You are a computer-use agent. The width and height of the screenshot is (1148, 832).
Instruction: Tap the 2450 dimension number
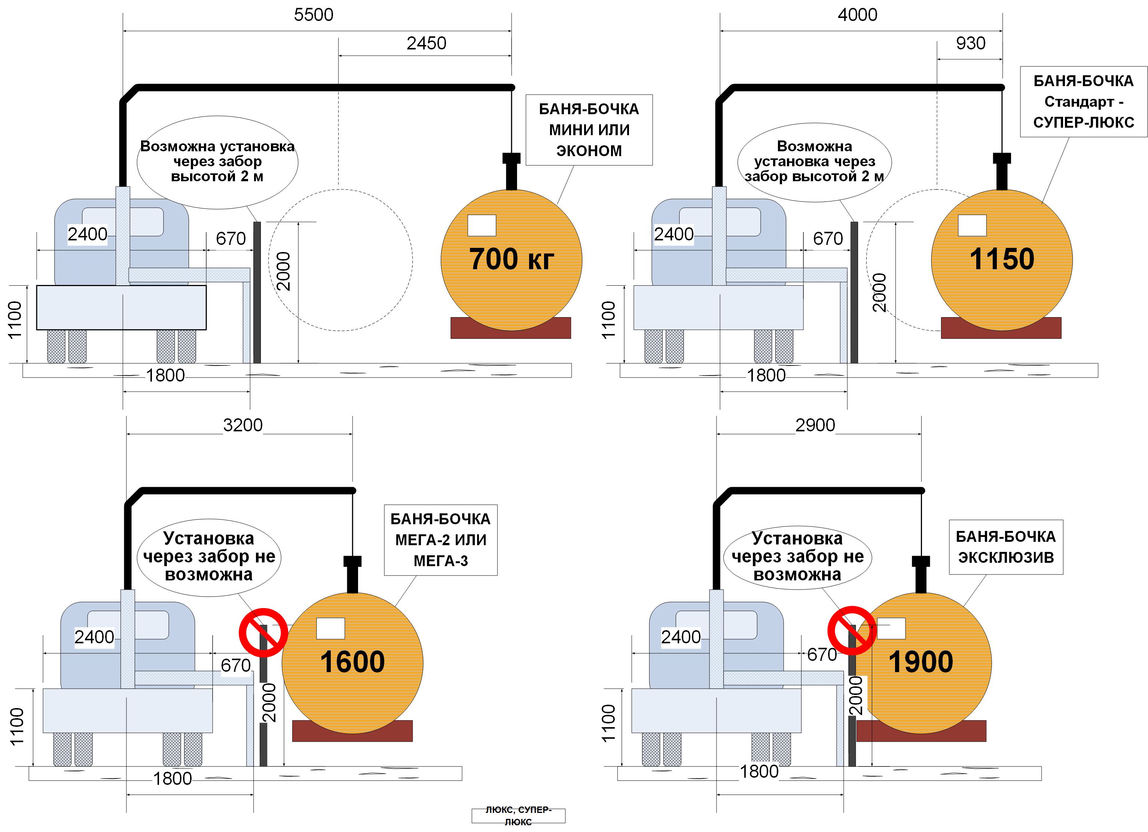(x=426, y=43)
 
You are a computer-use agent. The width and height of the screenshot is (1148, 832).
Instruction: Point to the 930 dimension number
(x=970, y=43)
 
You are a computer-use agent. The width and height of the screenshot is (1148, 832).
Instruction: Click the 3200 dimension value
(x=242, y=425)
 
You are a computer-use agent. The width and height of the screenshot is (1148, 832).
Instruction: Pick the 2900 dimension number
(x=815, y=425)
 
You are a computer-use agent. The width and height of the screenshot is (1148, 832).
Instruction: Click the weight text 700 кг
(x=511, y=259)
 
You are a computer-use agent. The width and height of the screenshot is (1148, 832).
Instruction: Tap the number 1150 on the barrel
(x=1002, y=259)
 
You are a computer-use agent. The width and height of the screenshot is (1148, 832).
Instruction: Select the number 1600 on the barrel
(x=352, y=662)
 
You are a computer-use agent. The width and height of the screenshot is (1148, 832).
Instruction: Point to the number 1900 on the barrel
(x=921, y=662)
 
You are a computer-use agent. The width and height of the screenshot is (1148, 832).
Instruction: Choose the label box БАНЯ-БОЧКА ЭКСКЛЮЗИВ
(x=1006, y=547)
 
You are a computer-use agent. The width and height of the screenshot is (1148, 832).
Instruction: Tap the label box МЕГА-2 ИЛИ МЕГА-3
(x=440, y=540)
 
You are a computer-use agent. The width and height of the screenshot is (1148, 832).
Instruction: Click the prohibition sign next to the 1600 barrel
(x=263, y=632)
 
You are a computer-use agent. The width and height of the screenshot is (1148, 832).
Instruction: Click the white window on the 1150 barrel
(x=972, y=225)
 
